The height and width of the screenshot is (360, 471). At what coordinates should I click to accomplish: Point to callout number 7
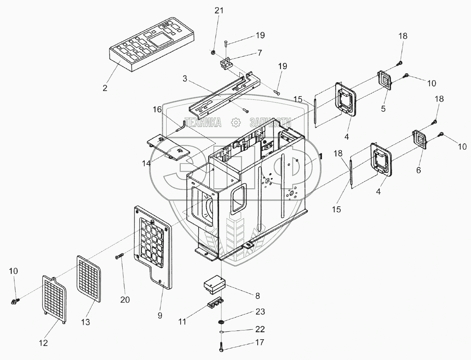(260, 52)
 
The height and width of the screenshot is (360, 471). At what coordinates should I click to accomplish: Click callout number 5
(383, 108)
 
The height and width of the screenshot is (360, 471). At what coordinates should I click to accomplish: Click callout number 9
(160, 316)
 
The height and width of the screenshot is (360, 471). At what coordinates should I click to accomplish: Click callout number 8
(258, 295)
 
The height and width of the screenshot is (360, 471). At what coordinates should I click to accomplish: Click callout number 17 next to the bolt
(260, 342)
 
